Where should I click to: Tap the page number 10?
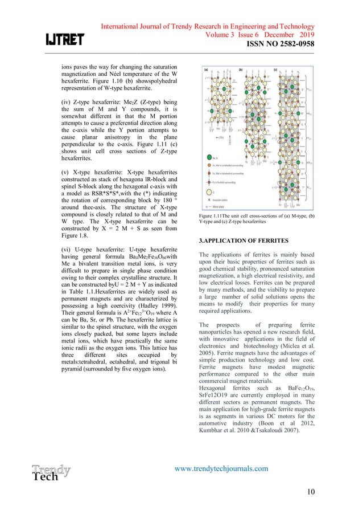click(x=310, y=491)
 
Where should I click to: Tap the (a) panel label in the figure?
click(x=205, y=71)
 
